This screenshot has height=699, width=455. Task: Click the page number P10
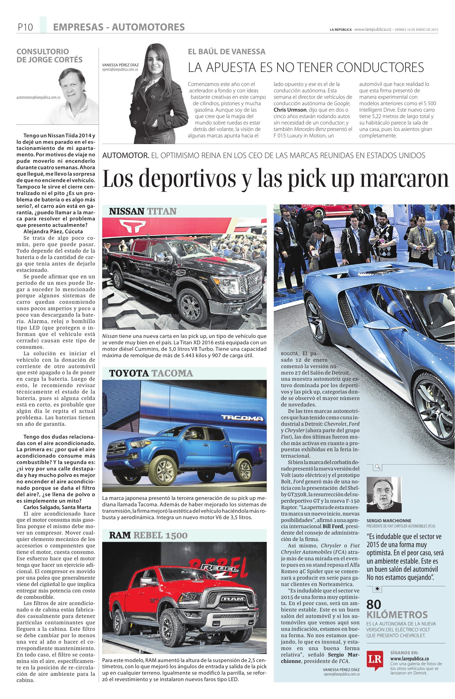(x=25, y=27)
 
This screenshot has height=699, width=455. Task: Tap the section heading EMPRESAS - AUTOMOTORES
(x=119, y=27)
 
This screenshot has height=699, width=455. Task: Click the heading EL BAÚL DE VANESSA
(x=226, y=52)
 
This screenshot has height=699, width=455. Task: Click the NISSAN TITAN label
(x=143, y=211)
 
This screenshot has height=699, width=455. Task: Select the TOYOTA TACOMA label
(x=151, y=373)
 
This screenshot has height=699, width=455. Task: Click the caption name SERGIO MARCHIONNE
(x=389, y=521)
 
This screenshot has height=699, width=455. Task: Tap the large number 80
(x=374, y=604)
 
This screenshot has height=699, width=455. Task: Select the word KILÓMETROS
(x=397, y=615)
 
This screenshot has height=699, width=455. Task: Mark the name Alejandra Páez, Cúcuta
(x=53, y=231)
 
